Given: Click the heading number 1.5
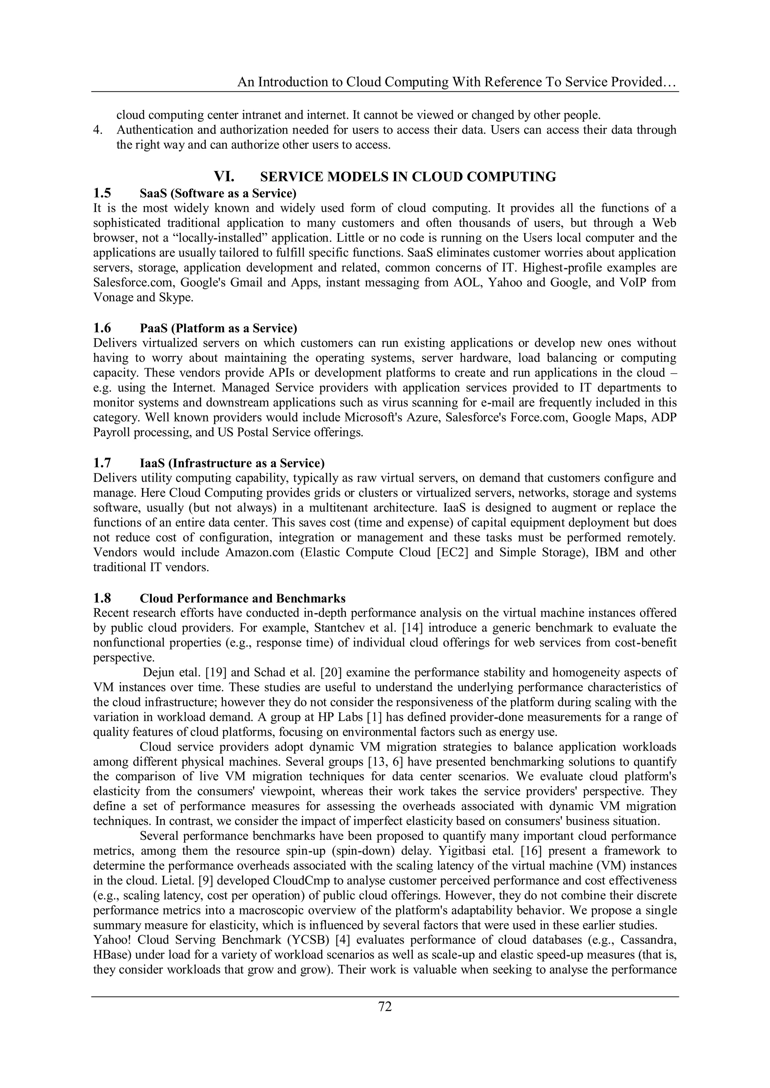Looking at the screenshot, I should pos(102,193).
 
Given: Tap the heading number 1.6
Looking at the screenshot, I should pos(102,328).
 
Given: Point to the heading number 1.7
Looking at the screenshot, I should pos(102,463).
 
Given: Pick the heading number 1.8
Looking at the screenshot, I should pos(102,598).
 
